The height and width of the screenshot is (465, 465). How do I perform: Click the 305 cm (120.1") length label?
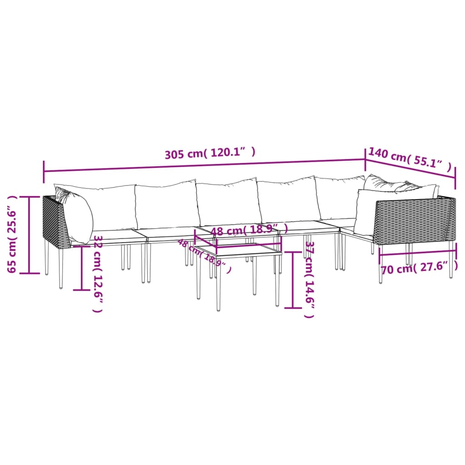pyautogui.click(x=210, y=153)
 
